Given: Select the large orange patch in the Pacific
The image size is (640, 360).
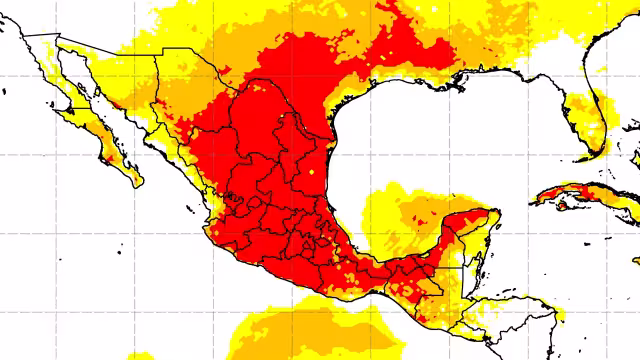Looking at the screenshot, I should coord(300,330).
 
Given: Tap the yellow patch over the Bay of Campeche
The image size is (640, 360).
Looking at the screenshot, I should coord(385,215).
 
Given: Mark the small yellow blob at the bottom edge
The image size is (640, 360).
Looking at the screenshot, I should coord(141,355).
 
